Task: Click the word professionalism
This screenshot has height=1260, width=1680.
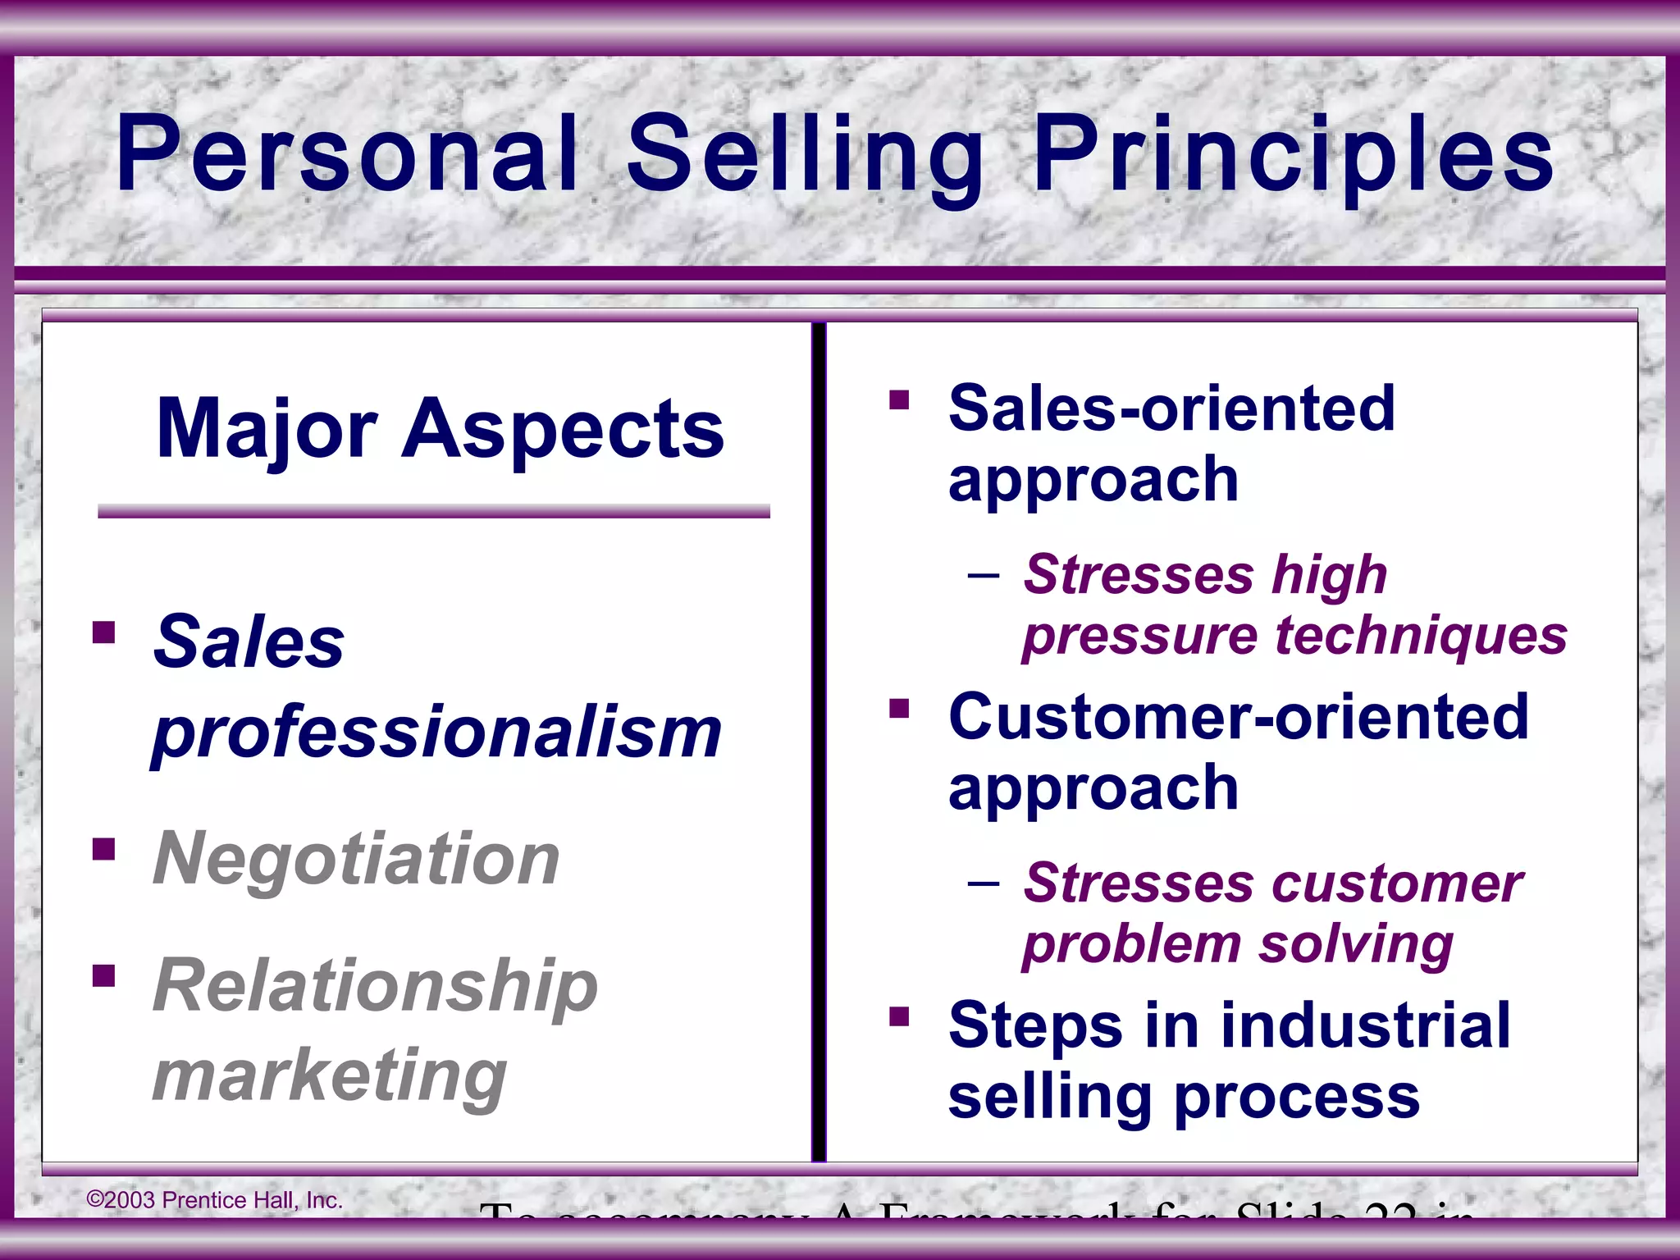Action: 436,732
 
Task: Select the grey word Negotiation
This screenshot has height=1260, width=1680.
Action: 357,859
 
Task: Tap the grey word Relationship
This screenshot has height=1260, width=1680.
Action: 376,986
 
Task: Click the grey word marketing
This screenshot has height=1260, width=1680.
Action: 330,1076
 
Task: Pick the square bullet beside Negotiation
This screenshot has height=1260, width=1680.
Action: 104,849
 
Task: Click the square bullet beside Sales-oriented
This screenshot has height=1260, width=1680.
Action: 900,399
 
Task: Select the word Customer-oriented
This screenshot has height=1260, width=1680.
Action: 1239,716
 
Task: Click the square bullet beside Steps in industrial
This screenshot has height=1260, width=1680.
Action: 900,1017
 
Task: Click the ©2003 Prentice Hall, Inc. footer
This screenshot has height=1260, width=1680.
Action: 215,1200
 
